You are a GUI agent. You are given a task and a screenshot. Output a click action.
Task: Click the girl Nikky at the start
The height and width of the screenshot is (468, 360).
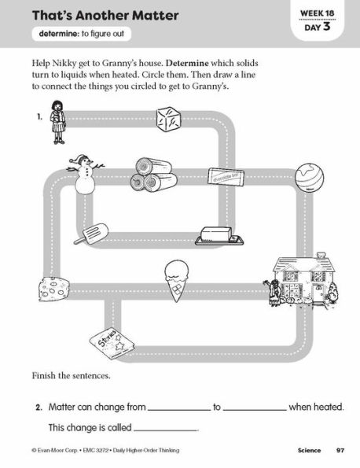point(57,122)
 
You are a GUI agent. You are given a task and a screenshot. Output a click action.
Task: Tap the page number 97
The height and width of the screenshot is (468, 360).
point(340,450)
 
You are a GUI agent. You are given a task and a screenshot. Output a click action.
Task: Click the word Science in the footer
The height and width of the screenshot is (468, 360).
point(302,450)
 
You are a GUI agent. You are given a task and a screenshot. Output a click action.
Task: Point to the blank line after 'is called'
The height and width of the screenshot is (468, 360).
point(166,429)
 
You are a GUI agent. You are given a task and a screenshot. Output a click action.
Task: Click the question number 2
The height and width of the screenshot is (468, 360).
point(37,407)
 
